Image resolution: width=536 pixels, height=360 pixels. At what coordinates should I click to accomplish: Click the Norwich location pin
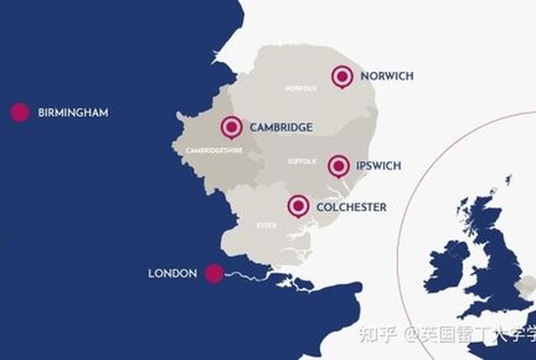pos(342,76)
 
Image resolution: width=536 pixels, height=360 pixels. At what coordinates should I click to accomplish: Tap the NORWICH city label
pos(387,76)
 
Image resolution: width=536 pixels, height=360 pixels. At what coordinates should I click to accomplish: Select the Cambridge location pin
pos(231,127)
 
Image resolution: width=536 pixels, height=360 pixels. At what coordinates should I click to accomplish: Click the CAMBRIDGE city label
pos(281,127)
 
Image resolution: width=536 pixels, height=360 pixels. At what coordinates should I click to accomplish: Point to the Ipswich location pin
pos(338,165)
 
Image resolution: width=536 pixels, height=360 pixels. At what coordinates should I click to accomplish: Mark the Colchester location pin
pos(299,206)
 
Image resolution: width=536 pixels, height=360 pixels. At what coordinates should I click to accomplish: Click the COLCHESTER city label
pos(351,207)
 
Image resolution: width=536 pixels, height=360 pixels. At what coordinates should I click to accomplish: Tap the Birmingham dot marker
pos(20,113)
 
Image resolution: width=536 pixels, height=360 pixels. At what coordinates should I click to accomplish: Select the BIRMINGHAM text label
pos(73,113)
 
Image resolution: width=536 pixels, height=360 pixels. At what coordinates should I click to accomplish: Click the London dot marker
pos(214,273)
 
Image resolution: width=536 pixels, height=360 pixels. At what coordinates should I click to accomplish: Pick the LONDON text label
pos(172,273)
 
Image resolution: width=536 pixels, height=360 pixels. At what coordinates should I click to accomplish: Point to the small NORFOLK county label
pos(300,89)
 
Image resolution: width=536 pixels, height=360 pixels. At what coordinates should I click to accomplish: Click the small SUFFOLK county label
pos(302,162)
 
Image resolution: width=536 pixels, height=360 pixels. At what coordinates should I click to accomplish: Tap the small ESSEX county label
pos(266,226)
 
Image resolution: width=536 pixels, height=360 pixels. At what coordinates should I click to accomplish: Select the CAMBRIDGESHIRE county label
pos(214,151)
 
